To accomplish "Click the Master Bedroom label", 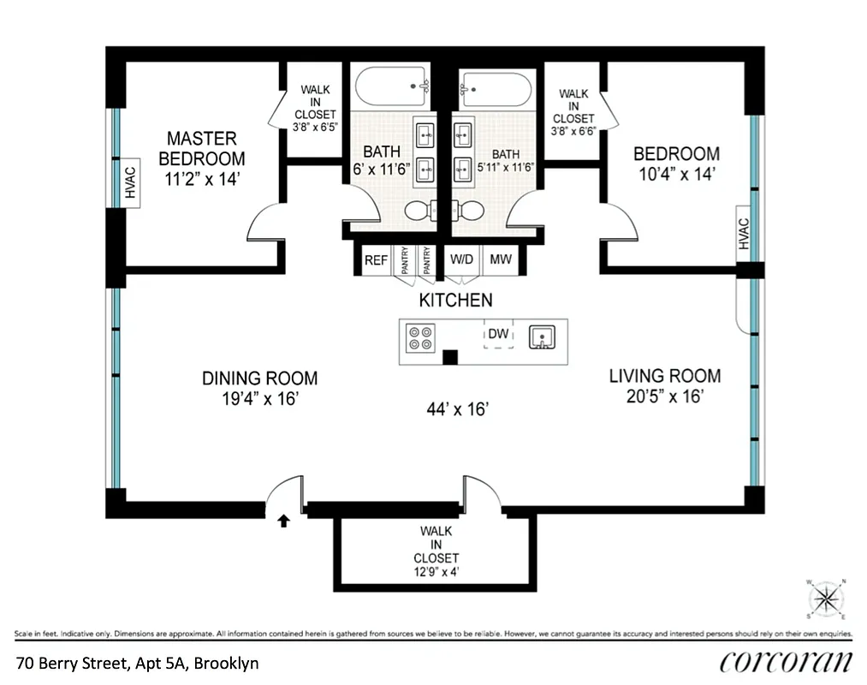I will tap(201, 148).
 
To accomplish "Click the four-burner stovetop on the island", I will tap(419, 339).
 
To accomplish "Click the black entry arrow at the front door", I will tap(284, 520).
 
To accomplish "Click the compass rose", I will tap(827, 599).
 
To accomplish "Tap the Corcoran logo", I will tap(786, 662).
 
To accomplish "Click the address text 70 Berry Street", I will tap(137, 663).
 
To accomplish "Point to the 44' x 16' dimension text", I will tap(457, 410).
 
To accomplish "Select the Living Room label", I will tap(664, 375).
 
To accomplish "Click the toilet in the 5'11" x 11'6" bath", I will tap(466, 210).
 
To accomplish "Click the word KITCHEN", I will tap(455, 300).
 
